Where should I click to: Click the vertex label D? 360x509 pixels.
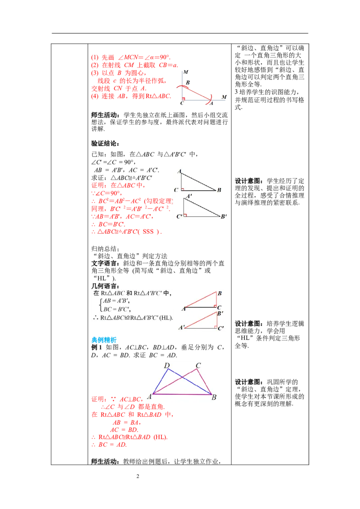pos(166,365)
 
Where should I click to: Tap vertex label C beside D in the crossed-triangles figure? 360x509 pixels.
pos(198,365)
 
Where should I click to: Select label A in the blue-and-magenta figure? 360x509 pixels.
pos(148,397)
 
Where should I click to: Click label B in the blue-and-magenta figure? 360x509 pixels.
pos(214,397)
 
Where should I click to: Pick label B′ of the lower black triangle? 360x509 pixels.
pos(224,217)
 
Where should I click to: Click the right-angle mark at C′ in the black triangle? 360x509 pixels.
pos(185,215)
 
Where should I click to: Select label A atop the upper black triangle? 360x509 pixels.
pos(179,171)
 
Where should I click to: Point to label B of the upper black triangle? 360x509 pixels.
pos(219,190)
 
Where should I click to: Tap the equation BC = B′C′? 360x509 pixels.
pos(116,309)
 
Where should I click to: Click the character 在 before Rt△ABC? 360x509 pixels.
pos(96,293)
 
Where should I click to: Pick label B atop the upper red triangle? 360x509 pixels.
pos(220,294)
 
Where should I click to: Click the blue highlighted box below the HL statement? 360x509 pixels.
pos(103,340)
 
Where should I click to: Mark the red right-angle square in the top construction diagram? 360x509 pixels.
pos(184,98)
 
